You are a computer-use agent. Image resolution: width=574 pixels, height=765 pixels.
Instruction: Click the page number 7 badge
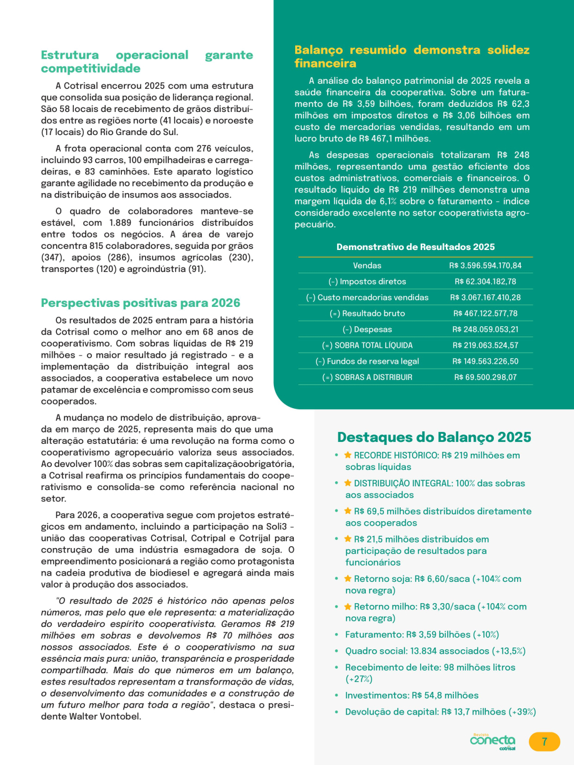click(x=544, y=742)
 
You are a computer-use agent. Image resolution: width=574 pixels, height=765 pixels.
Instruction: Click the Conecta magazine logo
click(x=493, y=741)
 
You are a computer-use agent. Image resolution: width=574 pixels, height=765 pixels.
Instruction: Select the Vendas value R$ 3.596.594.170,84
click(x=485, y=266)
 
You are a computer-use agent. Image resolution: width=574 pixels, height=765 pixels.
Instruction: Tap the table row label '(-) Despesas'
click(x=367, y=329)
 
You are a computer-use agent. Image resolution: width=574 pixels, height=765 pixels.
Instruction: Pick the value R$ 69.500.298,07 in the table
click(x=486, y=377)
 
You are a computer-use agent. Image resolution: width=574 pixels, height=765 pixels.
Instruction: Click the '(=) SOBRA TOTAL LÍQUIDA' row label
click(x=367, y=346)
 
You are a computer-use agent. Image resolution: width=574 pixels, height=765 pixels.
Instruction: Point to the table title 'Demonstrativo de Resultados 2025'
click(x=415, y=247)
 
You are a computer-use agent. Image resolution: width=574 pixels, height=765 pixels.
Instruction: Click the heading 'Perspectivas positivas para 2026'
click(x=141, y=303)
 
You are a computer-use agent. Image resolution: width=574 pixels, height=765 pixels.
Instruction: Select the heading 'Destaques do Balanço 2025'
click(x=434, y=437)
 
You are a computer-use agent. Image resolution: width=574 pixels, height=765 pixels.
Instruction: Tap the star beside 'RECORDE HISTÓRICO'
click(x=348, y=455)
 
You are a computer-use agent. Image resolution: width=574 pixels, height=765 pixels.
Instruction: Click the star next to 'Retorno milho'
click(x=348, y=606)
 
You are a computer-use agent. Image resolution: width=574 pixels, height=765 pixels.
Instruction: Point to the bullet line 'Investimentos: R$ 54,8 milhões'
click(x=411, y=695)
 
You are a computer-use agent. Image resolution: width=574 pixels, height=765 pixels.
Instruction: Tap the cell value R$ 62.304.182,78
click(x=485, y=281)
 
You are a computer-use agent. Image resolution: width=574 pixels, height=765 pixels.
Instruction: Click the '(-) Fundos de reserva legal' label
click(x=367, y=361)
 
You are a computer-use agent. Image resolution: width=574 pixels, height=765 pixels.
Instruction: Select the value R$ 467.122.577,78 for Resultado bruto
click(x=485, y=313)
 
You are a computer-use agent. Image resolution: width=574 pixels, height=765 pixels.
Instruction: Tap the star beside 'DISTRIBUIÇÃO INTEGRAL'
click(x=348, y=483)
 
